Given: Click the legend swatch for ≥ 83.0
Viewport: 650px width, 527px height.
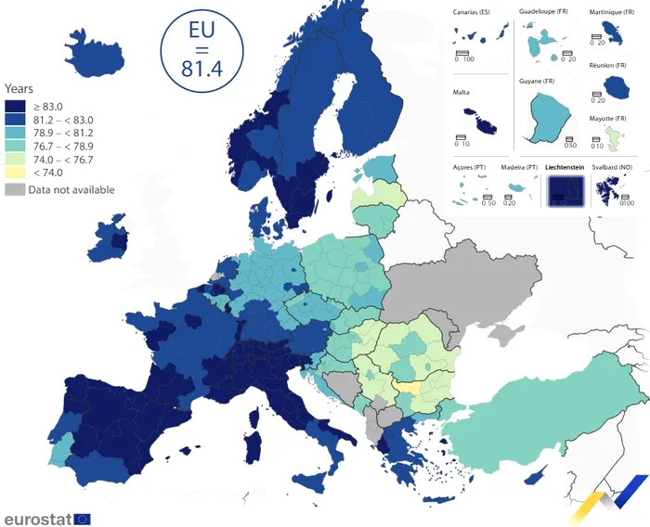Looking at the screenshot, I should (16, 107).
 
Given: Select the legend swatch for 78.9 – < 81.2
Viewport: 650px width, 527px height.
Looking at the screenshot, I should (16, 134).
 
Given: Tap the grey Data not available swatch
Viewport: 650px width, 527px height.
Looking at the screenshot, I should (16, 189).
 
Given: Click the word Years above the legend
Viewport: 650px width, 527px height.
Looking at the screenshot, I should (19, 89).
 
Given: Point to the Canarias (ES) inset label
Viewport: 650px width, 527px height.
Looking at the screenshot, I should (471, 11).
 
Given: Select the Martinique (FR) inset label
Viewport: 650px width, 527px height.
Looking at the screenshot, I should (612, 11).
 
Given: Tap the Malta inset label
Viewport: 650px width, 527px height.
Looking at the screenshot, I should (461, 93).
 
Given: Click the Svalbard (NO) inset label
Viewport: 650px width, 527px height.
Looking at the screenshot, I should (613, 168).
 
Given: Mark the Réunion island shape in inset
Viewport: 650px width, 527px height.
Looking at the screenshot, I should (614, 87).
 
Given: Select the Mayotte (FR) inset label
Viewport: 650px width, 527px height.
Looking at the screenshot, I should (609, 119).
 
